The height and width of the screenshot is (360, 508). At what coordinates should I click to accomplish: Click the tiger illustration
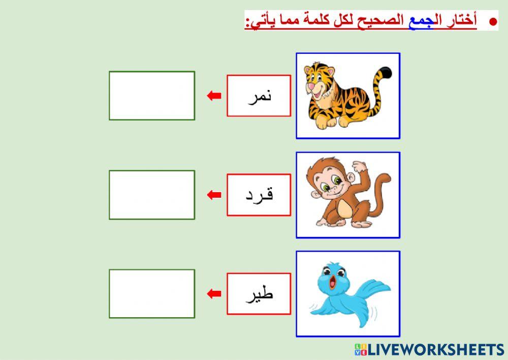[x=348, y=96]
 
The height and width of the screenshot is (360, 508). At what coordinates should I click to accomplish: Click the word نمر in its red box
[x=259, y=96]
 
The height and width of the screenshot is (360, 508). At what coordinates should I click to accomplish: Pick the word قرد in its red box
[x=259, y=195]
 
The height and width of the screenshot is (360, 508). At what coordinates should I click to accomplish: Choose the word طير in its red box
[x=259, y=294]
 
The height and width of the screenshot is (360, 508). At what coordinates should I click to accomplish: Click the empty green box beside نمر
[x=152, y=96]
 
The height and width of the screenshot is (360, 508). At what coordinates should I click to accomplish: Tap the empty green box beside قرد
[x=152, y=195]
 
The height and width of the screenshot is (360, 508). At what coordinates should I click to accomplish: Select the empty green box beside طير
[x=152, y=294]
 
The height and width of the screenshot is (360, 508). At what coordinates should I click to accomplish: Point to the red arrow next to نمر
[x=214, y=96]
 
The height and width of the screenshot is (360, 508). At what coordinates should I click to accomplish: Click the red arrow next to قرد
[x=214, y=195]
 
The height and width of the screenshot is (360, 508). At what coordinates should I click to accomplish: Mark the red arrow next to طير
[x=214, y=293]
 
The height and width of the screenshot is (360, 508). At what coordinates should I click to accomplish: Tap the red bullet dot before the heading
[x=492, y=22]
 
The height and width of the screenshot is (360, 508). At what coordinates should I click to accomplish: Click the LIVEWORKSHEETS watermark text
[x=435, y=350]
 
